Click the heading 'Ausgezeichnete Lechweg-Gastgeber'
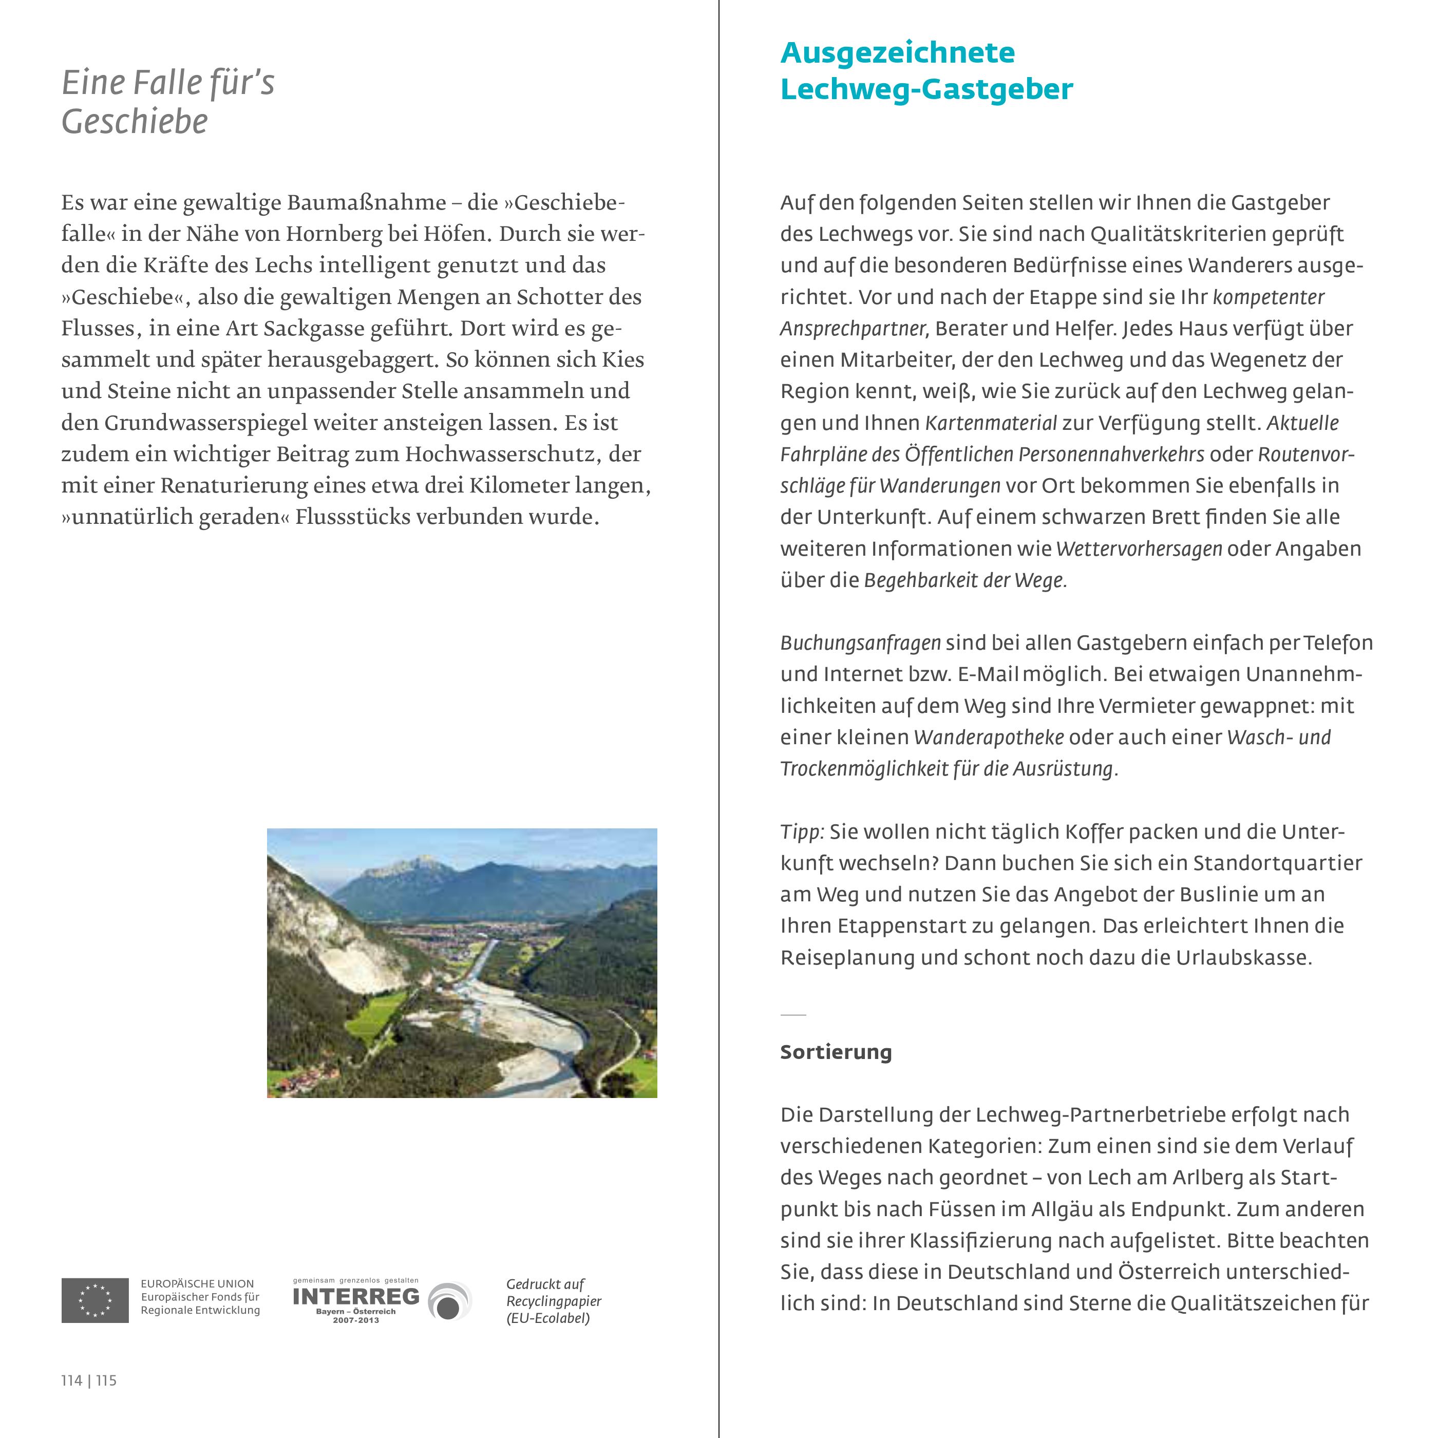[926, 71]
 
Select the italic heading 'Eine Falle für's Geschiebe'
[168, 102]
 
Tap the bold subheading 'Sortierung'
[836, 1052]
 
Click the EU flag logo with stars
[94, 1300]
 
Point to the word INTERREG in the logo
[356, 1296]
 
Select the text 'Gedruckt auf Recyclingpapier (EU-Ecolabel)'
[554, 1301]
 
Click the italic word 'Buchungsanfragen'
[860, 643]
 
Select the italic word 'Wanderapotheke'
[989, 737]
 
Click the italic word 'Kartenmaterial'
[991, 424]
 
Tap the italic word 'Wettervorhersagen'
[1139, 550]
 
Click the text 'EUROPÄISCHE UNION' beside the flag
[197, 1284]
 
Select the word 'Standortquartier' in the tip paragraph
[1277, 863]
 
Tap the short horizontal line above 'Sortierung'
[792, 1014]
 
